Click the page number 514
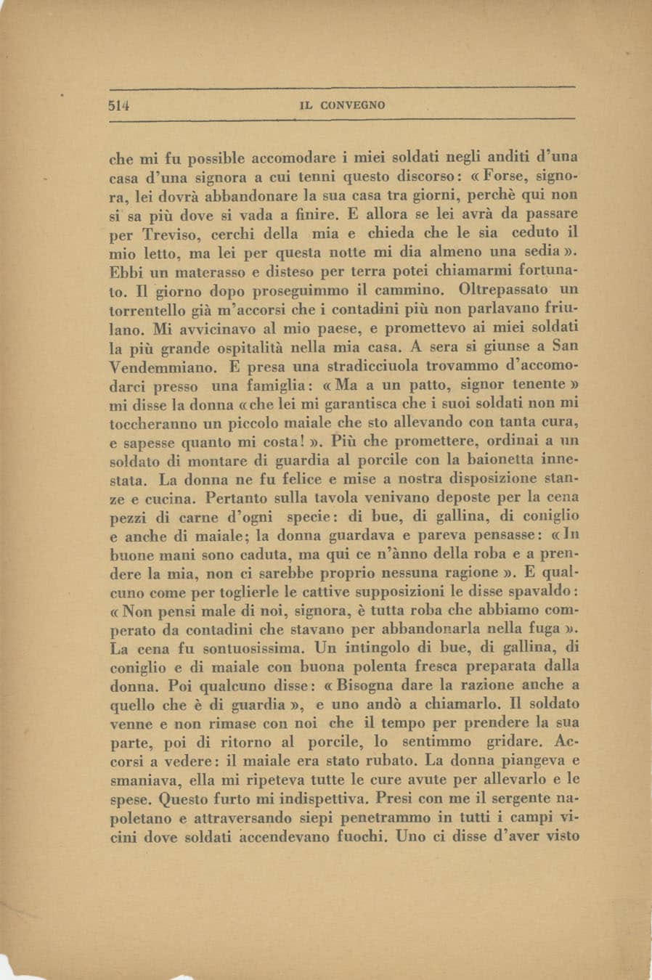click(x=118, y=104)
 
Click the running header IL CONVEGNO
click(x=342, y=105)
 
